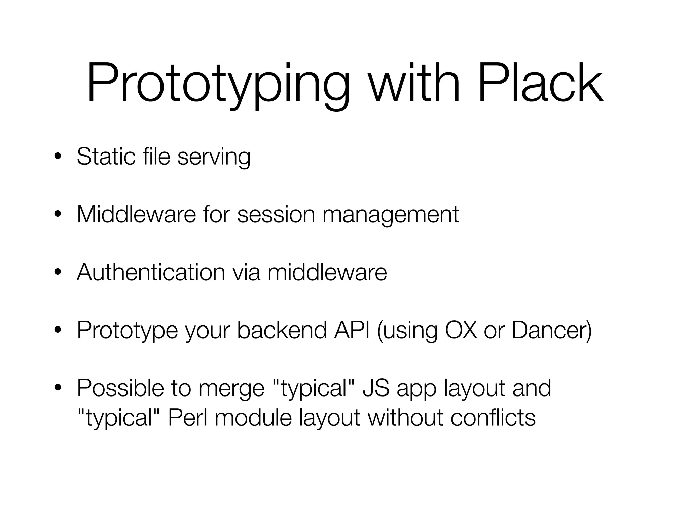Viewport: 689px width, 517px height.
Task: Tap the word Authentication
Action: [151, 272]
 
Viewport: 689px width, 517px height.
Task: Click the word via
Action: [246, 272]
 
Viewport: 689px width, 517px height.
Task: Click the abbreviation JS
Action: [376, 388]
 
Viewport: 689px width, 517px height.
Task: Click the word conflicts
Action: [493, 417]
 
